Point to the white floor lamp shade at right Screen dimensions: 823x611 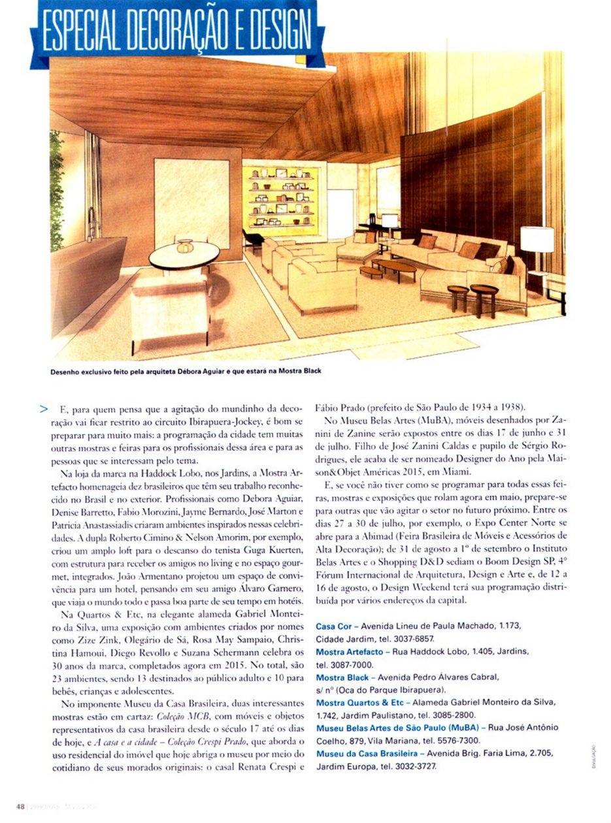pos(537,239)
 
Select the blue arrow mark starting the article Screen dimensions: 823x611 pos(44,410)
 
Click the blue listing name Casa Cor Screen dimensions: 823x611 pos(335,626)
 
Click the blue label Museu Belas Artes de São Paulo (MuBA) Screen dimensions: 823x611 pos(397,728)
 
